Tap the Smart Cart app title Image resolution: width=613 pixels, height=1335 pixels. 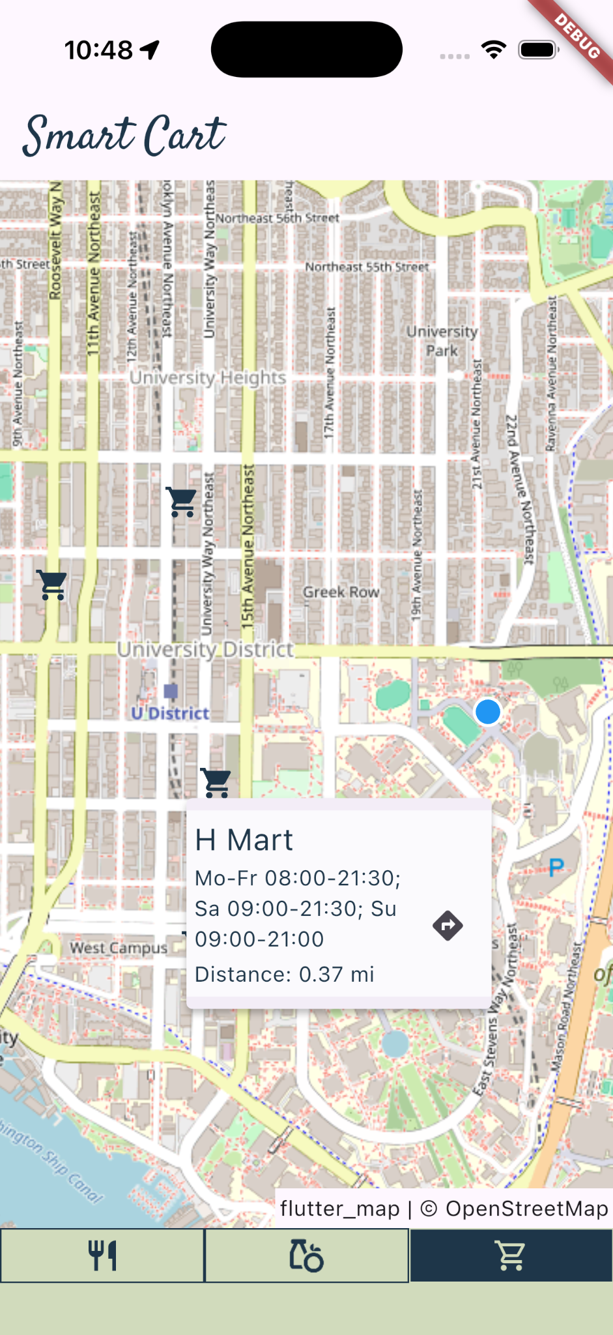tap(124, 136)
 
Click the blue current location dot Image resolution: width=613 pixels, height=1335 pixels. tap(487, 712)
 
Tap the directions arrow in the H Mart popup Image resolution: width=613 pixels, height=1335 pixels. tap(448, 925)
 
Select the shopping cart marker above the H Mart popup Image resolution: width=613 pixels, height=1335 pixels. tap(216, 782)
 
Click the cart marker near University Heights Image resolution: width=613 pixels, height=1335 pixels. tap(182, 502)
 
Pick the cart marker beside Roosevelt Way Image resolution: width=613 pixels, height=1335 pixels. tap(52, 585)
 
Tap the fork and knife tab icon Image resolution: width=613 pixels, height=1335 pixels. tap(102, 1255)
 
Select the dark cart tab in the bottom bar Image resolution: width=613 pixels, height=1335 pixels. tap(511, 1255)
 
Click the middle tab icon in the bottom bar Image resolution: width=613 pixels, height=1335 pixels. tap(306, 1255)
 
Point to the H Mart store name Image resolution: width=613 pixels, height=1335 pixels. tap(244, 840)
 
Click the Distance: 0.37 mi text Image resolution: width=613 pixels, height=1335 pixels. tap(285, 975)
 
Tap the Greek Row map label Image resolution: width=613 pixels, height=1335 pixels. tap(341, 592)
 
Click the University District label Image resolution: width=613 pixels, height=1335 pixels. tap(205, 650)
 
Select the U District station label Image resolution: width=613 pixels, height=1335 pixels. tap(170, 713)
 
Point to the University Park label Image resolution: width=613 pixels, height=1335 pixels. tap(442, 341)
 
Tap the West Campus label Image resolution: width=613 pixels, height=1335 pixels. tap(118, 948)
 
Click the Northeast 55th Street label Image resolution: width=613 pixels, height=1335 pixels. tap(367, 267)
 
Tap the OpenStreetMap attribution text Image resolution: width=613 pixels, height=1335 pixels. tap(526, 1209)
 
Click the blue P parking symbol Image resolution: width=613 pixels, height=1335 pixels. tap(556, 868)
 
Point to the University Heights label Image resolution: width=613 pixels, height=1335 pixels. tap(208, 377)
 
